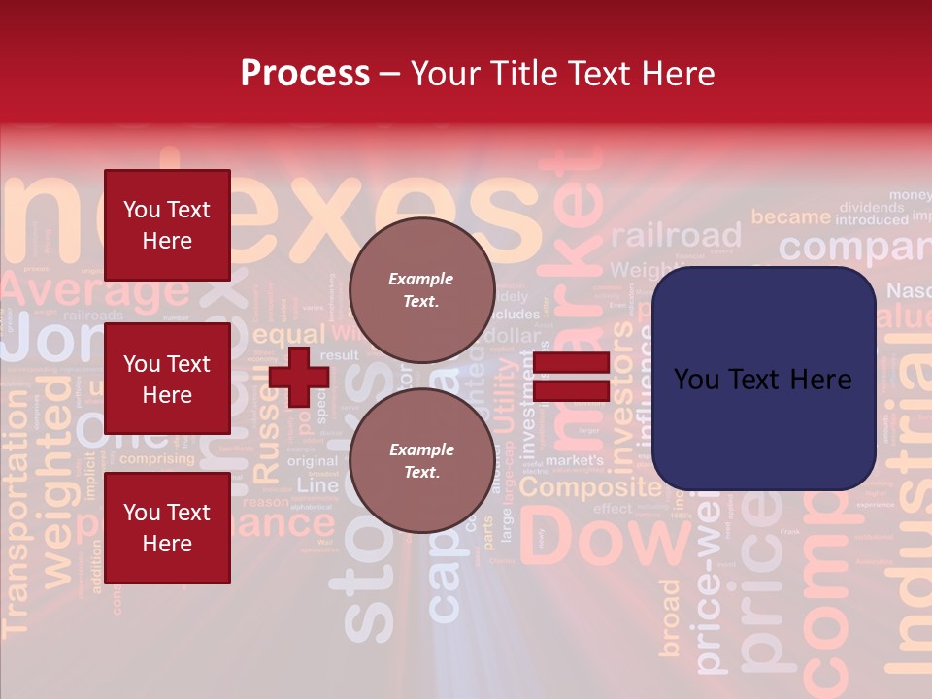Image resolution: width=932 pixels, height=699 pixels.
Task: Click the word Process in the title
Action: click(x=305, y=73)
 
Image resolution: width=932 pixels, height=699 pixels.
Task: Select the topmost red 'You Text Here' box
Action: click(x=167, y=225)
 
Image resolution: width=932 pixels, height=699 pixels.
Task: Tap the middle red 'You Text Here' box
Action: click(x=167, y=379)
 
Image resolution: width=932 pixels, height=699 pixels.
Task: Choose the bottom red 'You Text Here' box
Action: click(x=167, y=528)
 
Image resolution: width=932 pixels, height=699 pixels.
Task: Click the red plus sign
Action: click(x=299, y=378)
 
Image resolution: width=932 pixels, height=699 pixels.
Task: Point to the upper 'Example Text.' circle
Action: click(x=421, y=289)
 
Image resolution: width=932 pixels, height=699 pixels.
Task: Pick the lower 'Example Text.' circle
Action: click(x=421, y=461)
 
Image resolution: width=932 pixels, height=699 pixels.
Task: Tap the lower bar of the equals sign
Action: click(x=571, y=391)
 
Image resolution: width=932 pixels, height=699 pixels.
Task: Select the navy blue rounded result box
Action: click(x=763, y=379)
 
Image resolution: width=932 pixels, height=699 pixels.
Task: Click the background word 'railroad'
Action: click(x=676, y=236)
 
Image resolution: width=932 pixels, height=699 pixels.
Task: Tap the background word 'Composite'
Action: click(x=589, y=487)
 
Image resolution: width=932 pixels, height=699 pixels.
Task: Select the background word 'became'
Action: click(x=790, y=216)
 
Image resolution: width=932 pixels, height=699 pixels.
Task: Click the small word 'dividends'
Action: click(x=871, y=207)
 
